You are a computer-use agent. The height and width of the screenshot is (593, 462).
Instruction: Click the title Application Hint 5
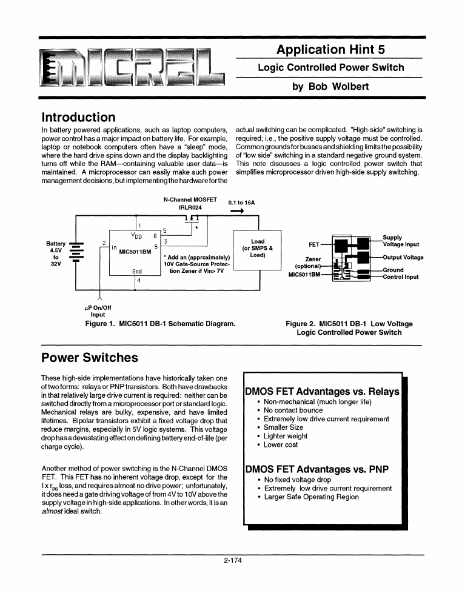tap(330, 50)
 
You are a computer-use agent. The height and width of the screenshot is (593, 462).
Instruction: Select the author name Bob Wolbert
tap(330, 87)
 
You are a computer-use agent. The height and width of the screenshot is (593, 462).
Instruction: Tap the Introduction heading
tap(78, 117)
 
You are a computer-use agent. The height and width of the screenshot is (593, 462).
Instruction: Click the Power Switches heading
tap(89, 357)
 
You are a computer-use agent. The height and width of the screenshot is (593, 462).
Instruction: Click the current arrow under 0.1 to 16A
tap(236, 212)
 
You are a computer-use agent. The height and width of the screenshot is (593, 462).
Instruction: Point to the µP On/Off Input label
tap(98, 311)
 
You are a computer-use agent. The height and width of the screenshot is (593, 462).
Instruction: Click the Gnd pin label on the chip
tap(137, 272)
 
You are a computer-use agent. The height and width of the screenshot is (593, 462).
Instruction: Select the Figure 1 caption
tap(161, 324)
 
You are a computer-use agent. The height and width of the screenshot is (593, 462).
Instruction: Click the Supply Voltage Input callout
tap(401, 241)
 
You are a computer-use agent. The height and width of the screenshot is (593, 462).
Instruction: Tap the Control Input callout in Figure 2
tap(401, 277)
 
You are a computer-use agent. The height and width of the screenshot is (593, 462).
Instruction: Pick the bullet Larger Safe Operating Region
tap(311, 497)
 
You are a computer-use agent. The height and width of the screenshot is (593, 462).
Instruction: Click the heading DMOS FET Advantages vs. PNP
tap(316, 469)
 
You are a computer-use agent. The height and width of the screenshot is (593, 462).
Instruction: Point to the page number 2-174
tap(233, 561)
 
